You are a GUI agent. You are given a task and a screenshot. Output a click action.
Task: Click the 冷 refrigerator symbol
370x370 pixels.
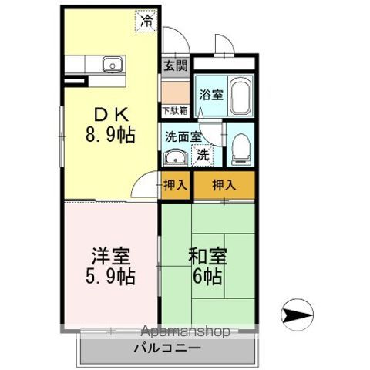coord(146,22)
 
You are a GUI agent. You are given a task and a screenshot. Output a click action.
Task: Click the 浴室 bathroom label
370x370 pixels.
coord(210,96)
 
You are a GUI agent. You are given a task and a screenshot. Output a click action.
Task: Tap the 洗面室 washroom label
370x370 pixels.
coord(183,136)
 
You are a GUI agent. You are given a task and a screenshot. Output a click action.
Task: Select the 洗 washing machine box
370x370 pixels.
coord(202,153)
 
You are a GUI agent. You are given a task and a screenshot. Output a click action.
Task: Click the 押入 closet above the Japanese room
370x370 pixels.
coord(224,185)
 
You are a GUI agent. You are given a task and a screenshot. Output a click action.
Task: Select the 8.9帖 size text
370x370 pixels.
coord(109,136)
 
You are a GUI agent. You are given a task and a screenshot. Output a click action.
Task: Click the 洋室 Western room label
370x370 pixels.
coord(109,255)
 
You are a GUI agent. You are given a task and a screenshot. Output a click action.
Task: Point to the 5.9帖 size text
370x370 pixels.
coord(109,276)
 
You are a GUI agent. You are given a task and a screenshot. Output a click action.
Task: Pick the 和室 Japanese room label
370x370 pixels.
coord(207,255)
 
